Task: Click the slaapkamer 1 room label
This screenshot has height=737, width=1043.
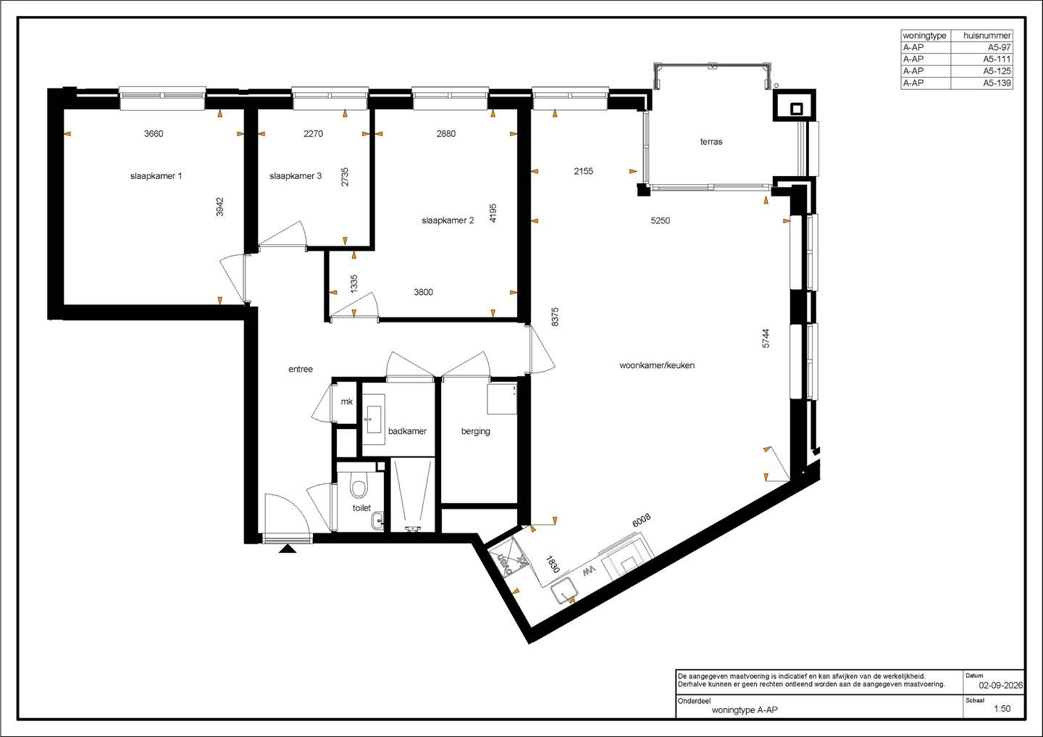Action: (x=156, y=176)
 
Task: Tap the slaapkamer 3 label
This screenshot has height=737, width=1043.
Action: (x=296, y=176)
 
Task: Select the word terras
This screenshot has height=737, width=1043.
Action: (x=711, y=141)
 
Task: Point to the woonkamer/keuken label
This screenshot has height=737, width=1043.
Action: (x=657, y=366)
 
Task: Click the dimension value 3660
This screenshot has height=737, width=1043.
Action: (x=154, y=133)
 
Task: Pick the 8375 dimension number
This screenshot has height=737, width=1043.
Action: (x=555, y=317)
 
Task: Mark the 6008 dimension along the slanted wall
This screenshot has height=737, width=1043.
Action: (x=641, y=520)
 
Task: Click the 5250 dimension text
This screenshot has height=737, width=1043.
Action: (x=661, y=221)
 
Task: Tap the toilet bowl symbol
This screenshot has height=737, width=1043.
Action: (x=359, y=487)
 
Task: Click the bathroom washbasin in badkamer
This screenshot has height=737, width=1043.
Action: (x=374, y=419)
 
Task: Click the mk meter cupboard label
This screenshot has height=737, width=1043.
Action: (x=346, y=401)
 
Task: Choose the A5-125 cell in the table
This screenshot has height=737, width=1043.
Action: (x=997, y=71)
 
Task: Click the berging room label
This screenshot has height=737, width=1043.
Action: (x=475, y=431)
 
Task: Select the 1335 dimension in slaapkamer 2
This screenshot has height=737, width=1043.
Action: (x=354, y=284)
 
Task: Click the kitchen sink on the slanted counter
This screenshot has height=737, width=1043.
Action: (x=565, y=591)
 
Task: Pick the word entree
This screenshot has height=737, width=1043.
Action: (x=301, y=370)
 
